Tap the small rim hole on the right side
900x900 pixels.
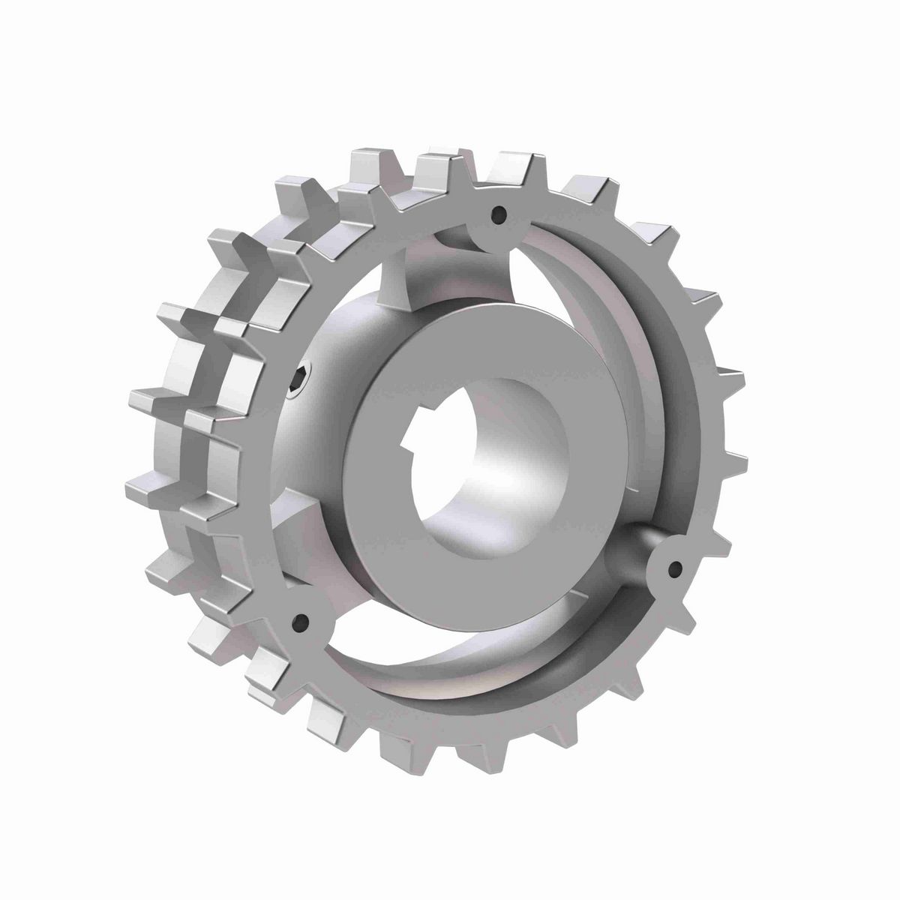(x=676, y=568)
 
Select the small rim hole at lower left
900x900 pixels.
(x=301, y=621)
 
